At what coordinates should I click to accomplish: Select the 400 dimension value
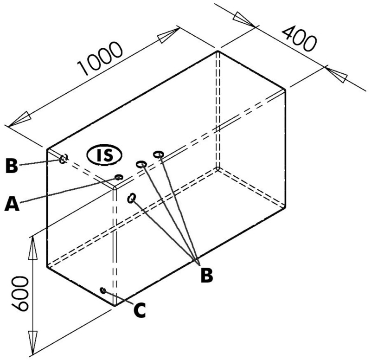tap(300, 39)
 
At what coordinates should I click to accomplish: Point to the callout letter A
tap(13, 204)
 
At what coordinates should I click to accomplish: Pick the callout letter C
tap(138, 309)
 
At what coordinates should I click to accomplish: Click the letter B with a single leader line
tap(12, 165)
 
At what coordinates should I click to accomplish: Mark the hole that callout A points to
tap(119, 177)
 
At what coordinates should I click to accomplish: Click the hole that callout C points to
tap(103, 290)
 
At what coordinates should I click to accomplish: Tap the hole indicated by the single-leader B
tap(63, 159)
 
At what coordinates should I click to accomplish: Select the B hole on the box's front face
tap(132, 198)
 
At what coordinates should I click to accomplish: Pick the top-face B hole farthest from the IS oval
tap(159, 154)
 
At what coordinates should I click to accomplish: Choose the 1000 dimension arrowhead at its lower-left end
tap(17, 120)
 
